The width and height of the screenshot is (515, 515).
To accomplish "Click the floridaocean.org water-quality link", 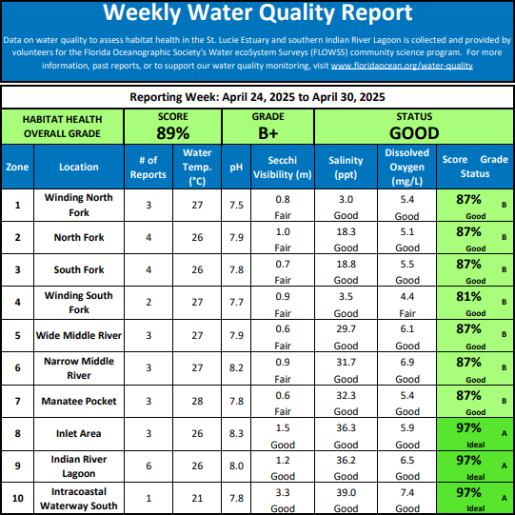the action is [402, 66].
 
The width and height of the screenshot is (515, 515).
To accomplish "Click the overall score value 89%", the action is [172, 133].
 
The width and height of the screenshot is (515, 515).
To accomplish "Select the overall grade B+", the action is [268, 133].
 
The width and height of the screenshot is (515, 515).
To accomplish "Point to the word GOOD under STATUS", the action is [414, 133].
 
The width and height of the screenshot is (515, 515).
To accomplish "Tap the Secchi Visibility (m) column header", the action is [283, 168].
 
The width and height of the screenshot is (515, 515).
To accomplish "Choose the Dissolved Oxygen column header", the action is [406, 167].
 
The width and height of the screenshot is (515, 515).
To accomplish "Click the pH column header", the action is [236, 168].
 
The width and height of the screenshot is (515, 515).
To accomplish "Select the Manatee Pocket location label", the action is [79, 401].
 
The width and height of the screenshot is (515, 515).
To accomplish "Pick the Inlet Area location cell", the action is [78, 433].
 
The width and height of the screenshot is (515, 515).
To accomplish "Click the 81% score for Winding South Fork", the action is [468, 297].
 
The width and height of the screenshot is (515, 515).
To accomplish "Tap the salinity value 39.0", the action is [346, 492].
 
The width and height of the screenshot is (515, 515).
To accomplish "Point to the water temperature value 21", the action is [197, 498].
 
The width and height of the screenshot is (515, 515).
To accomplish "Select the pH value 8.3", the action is [236, 433].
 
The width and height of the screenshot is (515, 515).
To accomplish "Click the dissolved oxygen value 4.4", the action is [406, 297].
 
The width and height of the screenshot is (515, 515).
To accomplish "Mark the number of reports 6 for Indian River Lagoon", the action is [149, 465].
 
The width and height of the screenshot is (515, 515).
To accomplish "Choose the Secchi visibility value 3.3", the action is [283, 492].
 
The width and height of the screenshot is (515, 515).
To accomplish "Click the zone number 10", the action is [17, 498].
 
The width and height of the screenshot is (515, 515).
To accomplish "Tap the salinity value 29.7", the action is [346, 328].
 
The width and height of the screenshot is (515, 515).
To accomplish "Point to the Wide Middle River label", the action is [79, 335].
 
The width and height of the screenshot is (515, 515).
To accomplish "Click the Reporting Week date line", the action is [257, 97].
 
